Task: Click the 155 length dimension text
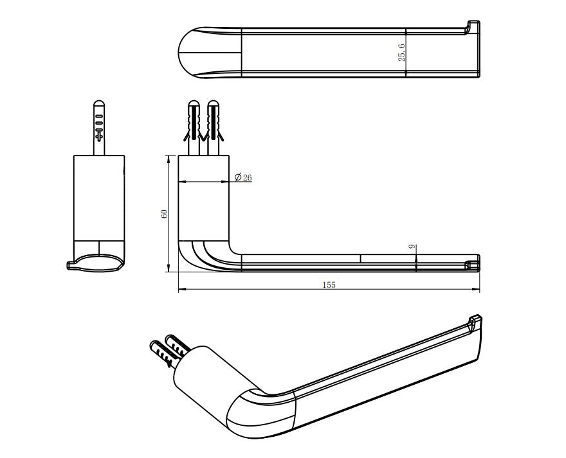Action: tap(329, 285)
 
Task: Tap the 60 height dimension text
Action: tap(164, 213)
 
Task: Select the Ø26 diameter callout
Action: tap(243, 177)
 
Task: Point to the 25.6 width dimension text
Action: tap(402, 53)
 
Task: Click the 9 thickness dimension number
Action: tap(412, 247)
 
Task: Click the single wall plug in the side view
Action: tap(99, 127)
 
